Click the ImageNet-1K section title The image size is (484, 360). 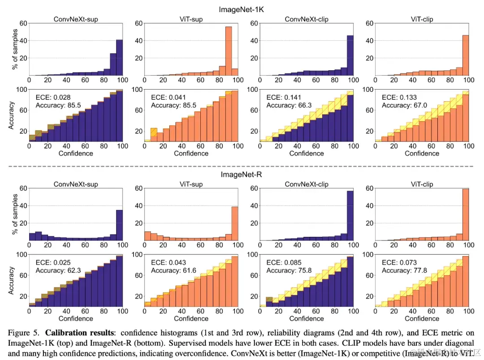[x=242, y=9]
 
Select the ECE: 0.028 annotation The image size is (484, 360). [x=53, y=97]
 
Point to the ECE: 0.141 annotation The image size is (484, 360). [x=284, y=97]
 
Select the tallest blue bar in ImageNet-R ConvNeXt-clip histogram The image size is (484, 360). [x=350, y=216]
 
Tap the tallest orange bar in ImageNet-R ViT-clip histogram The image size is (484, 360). [x=465, y=215]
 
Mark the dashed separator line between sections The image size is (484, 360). [x=242, y=166]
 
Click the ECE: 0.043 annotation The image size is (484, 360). [x=168, y=262]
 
